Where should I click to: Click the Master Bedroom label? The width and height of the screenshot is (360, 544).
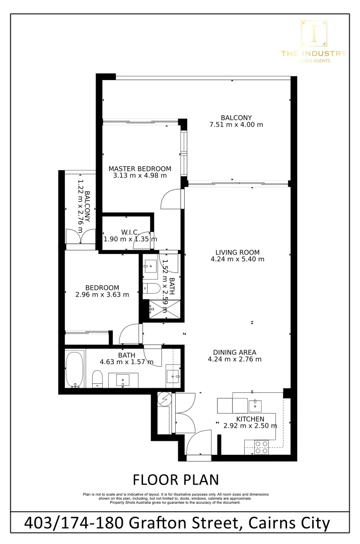pos(140,169)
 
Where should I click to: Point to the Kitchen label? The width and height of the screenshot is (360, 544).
pos(250,419)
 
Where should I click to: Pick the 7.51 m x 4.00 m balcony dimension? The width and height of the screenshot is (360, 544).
pos(236,124)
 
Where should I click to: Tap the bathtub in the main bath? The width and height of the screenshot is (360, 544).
pos(74,369)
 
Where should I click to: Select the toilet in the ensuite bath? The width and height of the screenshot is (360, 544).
pos(152,289)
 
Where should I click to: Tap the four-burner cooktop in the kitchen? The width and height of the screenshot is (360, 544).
pos(261,447)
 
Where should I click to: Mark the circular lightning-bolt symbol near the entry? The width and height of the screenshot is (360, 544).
pos(165,399)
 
